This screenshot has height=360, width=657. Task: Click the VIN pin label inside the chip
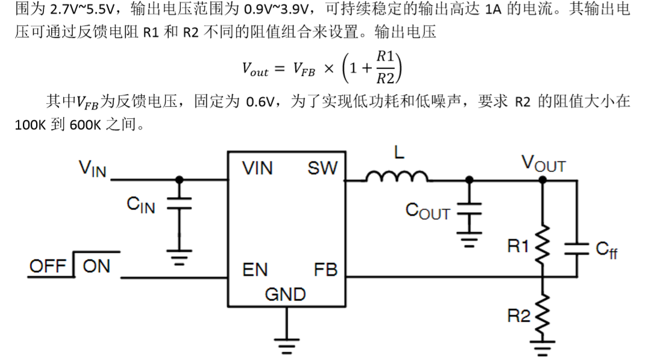click(x=257, y=168)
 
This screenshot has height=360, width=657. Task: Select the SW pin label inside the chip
click(x=322, y=168)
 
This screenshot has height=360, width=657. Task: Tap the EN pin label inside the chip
click(x=255, y=270)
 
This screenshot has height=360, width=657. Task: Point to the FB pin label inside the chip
click(x=325, y=270)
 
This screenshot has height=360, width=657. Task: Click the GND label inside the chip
click(x=285, y=294)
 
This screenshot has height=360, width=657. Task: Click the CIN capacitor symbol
click(x=178, y=204)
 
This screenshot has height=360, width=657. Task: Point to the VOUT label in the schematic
click(x=543, y=163)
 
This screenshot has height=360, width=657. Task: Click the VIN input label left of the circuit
click(x=92, y=168)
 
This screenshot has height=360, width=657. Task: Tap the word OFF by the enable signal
click(x=48, y=266)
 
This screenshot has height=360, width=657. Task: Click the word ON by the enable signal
click(x=96, y=266)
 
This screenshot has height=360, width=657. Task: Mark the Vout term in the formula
click(x=255, y=70)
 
